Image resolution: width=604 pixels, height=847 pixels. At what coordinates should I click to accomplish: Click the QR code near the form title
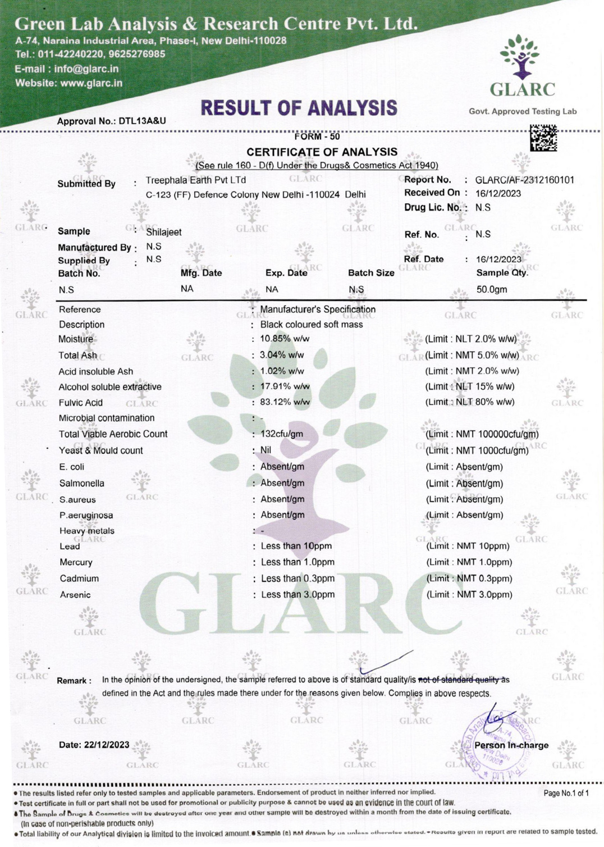point(543,138)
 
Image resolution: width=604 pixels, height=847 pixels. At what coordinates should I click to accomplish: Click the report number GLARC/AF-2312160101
point(524,180)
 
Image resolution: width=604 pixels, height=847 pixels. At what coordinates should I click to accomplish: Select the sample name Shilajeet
point(163,232)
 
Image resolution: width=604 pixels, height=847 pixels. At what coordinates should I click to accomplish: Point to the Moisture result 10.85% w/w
point(285,339)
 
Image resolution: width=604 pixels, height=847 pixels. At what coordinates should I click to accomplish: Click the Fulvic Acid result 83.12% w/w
point(285,402)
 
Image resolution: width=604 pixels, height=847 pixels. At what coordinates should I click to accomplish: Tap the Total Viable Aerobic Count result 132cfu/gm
point(282,434)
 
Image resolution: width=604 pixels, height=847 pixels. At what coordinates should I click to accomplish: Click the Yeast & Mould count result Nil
point(266,450)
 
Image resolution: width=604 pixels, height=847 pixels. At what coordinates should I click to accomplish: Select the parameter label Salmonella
point(82,483)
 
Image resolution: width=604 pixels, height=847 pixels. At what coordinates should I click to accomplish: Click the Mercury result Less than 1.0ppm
point(298,562)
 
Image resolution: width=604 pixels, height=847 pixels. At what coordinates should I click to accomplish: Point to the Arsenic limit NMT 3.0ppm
point(469,595)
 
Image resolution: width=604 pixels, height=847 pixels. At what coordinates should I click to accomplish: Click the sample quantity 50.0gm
point(492,290)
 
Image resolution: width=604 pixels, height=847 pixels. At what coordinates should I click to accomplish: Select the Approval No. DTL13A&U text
point(111,121)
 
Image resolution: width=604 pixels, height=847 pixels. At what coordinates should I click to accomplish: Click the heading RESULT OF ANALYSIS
point(299,108)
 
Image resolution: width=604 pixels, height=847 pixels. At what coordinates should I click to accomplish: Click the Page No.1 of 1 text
point(566,793)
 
